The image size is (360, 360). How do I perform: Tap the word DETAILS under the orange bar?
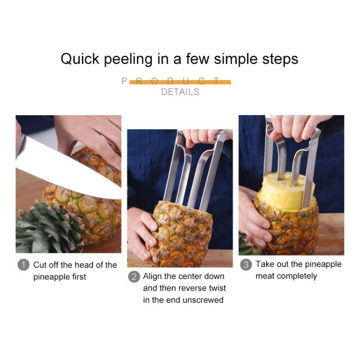point(180,92)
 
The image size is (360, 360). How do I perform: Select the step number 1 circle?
point(23,265)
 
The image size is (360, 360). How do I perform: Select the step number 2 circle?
point(134,277)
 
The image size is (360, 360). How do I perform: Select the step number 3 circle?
point(246,264)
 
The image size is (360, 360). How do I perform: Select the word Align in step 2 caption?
point(153,277)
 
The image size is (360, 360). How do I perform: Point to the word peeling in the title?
point(128,59)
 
